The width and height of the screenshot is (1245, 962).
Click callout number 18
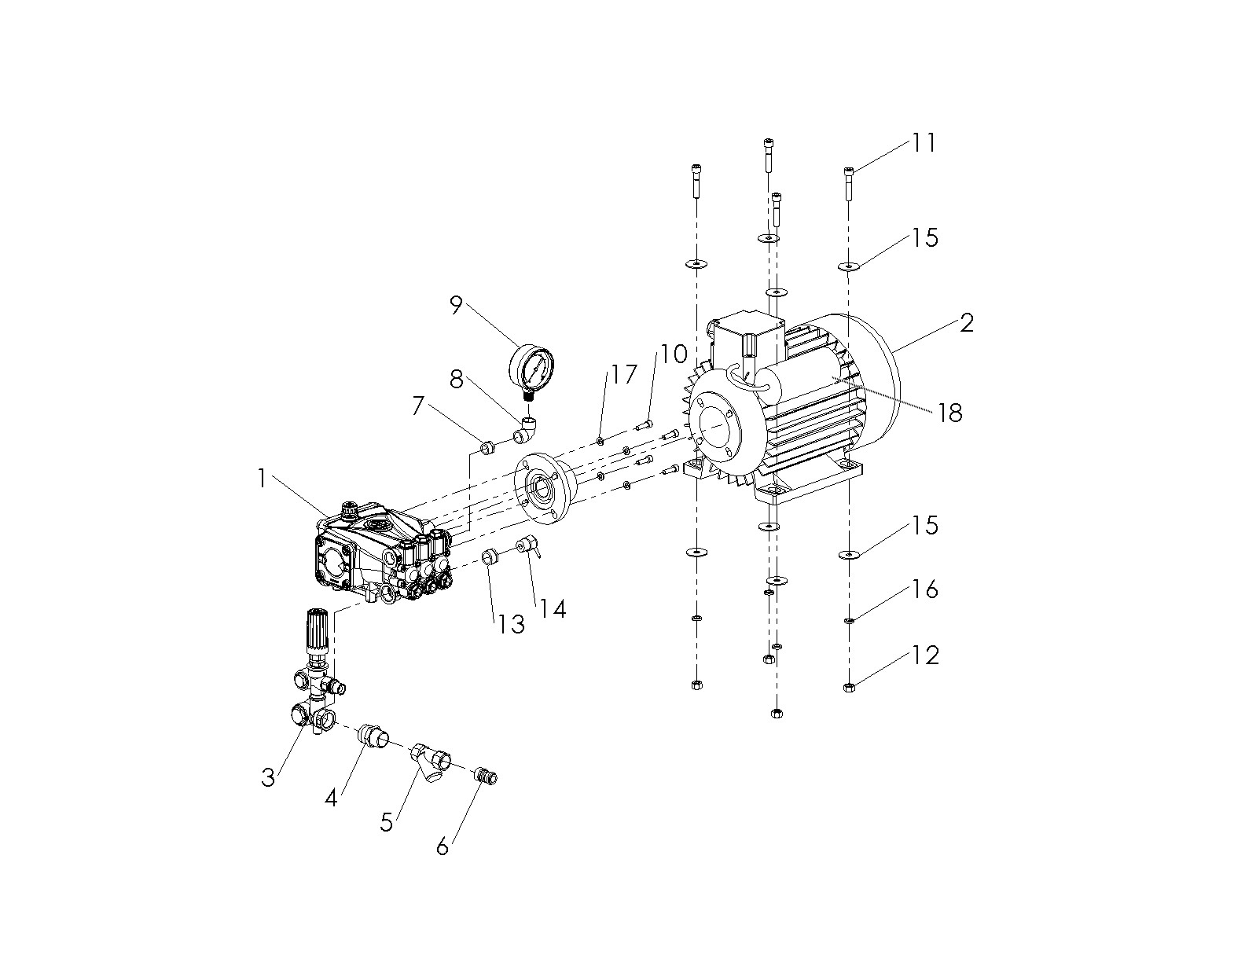(950, 413)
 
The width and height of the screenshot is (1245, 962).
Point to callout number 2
(966, 322)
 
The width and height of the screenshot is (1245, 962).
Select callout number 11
(924, 143)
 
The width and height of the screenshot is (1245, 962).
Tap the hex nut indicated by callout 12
(849, 688)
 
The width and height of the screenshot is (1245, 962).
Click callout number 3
(269, 777)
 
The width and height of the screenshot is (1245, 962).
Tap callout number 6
(443, 846)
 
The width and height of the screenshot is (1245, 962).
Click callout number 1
(263, 479)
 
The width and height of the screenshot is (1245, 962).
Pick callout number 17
(624, 374)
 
